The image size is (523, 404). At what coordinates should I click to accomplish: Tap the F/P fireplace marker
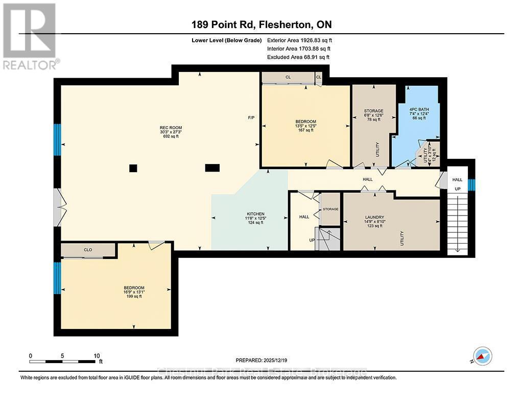pyautogui.click(x=251, y=118)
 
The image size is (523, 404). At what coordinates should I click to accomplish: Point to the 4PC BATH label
pyautogui.click(x=418, y=109)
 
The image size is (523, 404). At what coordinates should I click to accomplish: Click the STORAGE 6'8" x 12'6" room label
pyautogui.click(x=373, y=111)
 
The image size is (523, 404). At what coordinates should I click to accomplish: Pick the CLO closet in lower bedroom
pyautogui.click(x=88, y=250)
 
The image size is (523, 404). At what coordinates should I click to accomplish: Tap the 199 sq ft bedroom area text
pyautogui.click(x=134, y=296)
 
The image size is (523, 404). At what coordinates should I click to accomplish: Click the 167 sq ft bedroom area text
pyautogui.click(x=305, y=130)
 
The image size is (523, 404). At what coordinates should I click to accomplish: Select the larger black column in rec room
pyautogui.click(x=212, y=167)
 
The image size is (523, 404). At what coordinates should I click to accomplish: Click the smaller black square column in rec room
pyautogui.click(x=133, y=168)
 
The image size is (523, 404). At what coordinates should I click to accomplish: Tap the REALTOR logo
pyautogui.click(x=30, y=36)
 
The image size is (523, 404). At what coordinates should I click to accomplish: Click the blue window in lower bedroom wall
pyautogui.click(x=57, y=277)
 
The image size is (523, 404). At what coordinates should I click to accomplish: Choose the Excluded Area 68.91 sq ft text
pyautogui.click(x=298, y=57)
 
